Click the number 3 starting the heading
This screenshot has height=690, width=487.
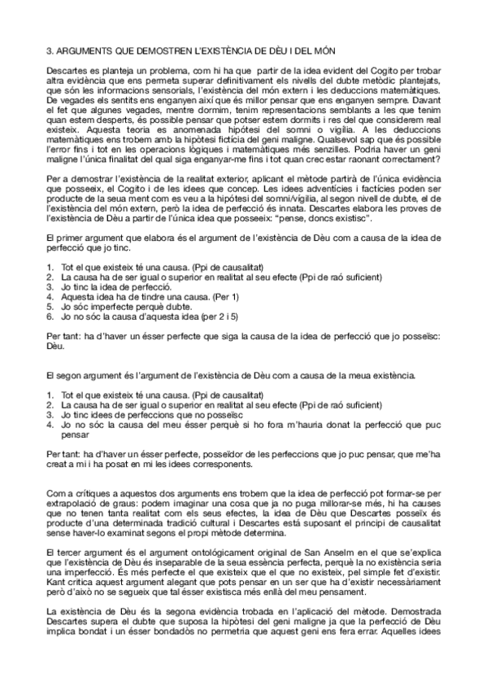pos(49,50)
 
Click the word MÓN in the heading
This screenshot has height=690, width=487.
pos(281,50)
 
